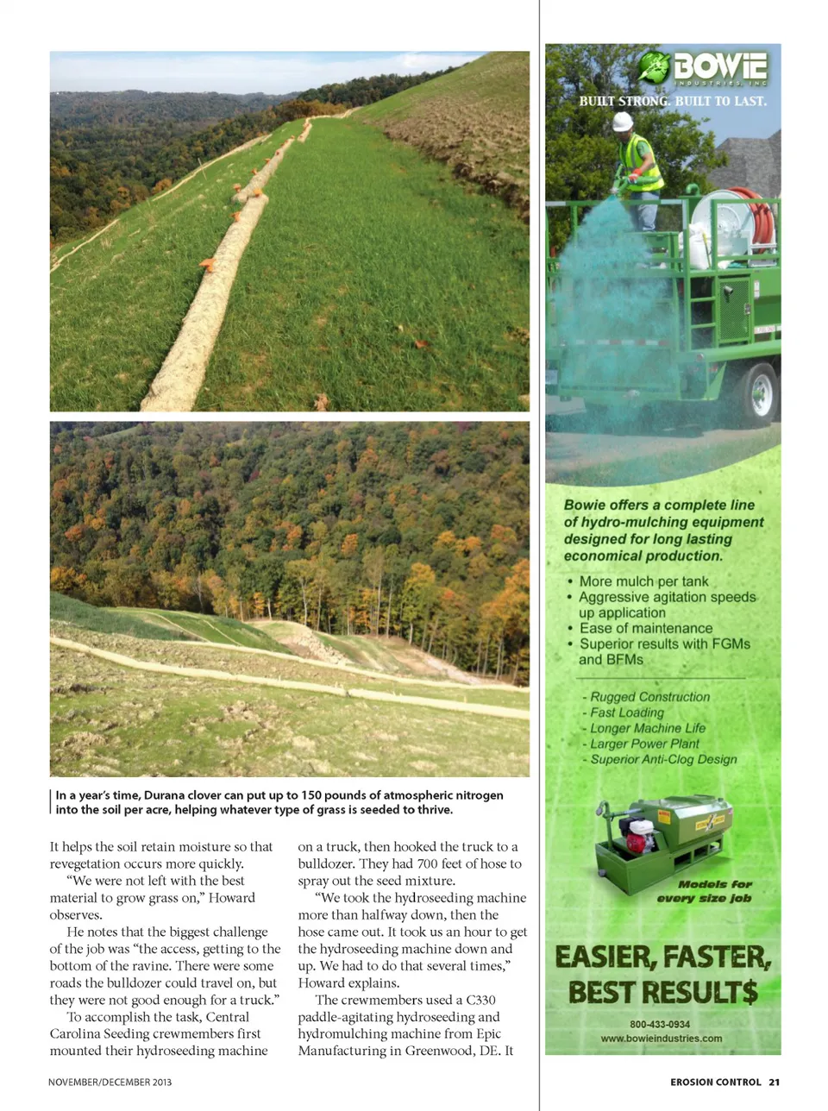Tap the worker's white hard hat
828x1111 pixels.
pos(622,122)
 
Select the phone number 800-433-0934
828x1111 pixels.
pos(660,1024)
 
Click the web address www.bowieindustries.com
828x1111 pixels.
pos(662,1039)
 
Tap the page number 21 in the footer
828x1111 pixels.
pos(775,1082)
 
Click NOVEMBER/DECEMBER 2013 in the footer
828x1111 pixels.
pos(110,1082)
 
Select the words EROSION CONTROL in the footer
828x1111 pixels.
pos(716,1082)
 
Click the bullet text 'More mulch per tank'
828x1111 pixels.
pos(643,581)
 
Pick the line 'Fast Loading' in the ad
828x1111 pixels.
pos(627,712)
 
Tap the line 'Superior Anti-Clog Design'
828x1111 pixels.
pos(663,759)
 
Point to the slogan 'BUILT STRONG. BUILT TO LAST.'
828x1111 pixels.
pos(673,101)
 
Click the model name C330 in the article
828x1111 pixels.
pos(480,1000)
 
